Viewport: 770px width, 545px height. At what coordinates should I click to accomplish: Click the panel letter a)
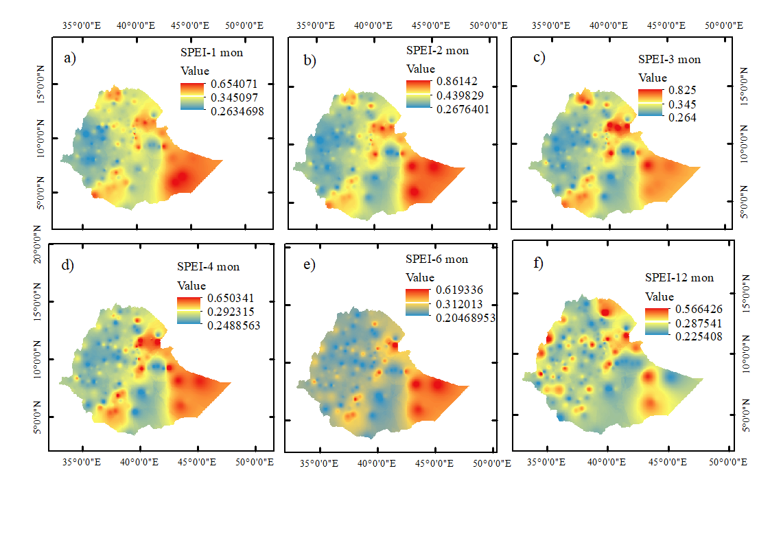[70, 58]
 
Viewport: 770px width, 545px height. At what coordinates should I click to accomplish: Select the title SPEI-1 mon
[207, 52]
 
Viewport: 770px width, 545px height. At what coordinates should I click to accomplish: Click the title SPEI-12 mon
[679, 277]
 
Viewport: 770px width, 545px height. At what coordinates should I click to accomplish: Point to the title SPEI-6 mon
[436, 259]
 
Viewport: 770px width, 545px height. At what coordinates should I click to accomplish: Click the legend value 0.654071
[229, 84]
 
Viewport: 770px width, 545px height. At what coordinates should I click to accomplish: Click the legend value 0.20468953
[465, 318]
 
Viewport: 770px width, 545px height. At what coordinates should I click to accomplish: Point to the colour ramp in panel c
[649, 104]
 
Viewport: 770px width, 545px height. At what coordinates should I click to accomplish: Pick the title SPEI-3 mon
[669, 59]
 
